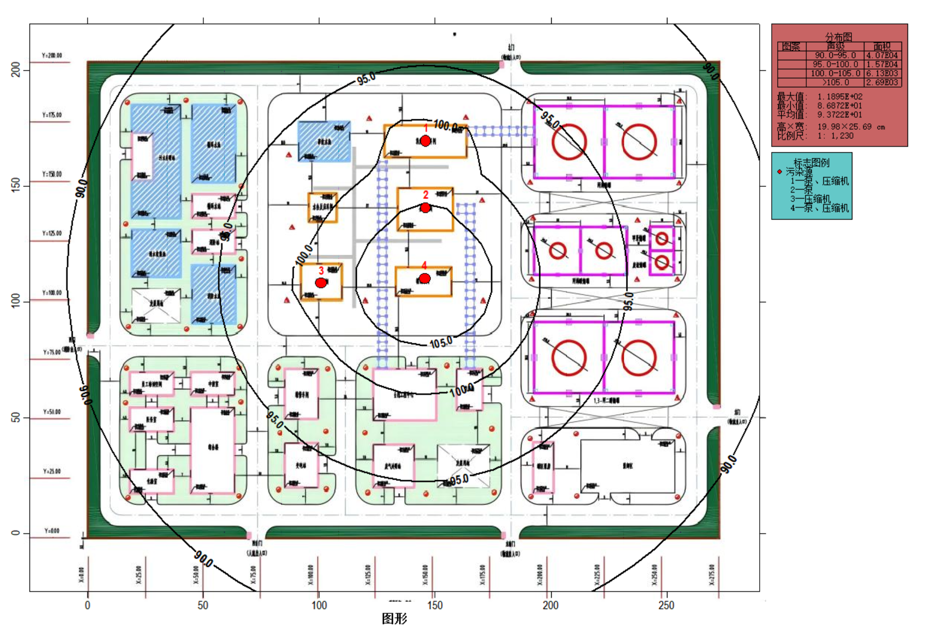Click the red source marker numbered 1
click(x=425, y=141)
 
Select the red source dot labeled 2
click(x=425, y=207)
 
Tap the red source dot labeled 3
click(x=321, y=283)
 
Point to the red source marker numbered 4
click(x=424, y=278)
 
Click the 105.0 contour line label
click(x=441, y=343)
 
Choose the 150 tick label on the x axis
click(x=434, y=605)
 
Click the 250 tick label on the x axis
click(x=666, y=605)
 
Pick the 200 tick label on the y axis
click(x=16, y=70)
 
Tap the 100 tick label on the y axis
click(x=16, y=301)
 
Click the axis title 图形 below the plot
click(x=394, y=618)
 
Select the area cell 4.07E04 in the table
click(x=882, y=56)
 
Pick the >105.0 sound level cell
click(x=835, y=83)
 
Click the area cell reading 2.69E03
click(x=882, y=83)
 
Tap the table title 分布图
click(x=838, y=37)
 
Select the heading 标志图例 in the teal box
click(x=811, y=162)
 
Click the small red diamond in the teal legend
click(x=779, y=171)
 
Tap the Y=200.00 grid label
click(x=52, y=56)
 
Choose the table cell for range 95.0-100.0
click(x=835, y=65)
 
